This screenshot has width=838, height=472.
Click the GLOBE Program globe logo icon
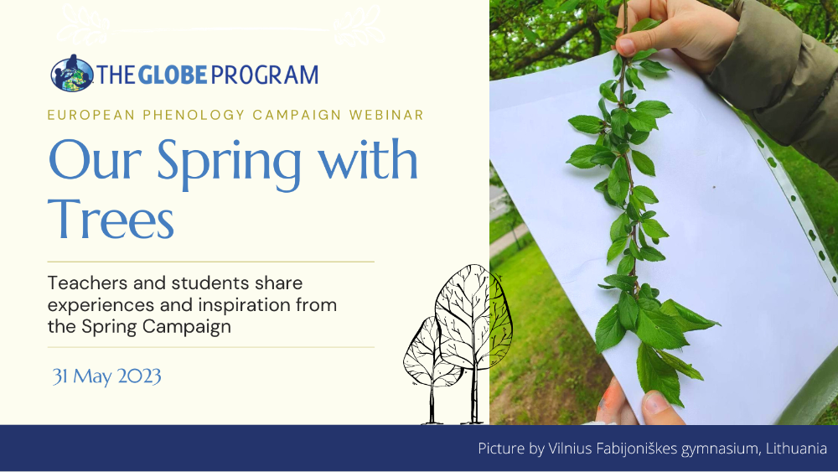(71, 73)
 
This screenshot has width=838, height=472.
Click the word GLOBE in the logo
(173, 75)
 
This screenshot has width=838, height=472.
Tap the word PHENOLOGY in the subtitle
(194, 115)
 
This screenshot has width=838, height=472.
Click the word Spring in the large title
(229, 162)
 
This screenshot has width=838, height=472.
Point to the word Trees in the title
(111, 219)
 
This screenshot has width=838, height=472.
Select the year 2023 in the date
(139, 376)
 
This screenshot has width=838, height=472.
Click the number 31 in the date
(59, 376)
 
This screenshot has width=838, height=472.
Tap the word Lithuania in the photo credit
(796, 448)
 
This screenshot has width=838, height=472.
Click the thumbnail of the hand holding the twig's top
(626, 46)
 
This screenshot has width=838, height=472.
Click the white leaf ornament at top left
(83, 24)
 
